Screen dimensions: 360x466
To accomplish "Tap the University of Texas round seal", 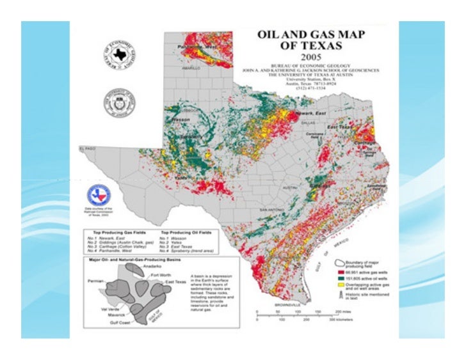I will pyautogui.click(x=120, y=102).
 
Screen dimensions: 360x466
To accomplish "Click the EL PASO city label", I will pyautogui.click(x=87, y=148).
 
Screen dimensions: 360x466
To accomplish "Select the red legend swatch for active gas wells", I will pyautogui.click(x=339, y=272).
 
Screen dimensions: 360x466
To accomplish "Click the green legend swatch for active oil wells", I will pyautogui.click(x=339, y=280).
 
